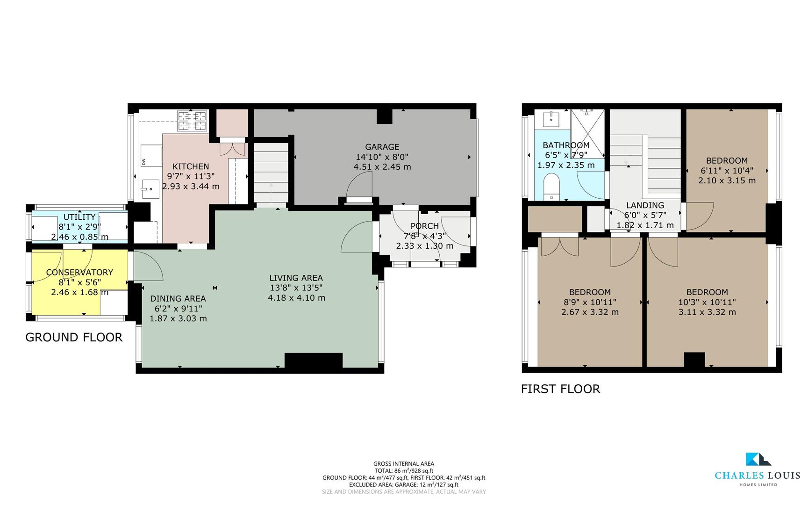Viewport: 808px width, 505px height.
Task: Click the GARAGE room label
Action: (382, 147)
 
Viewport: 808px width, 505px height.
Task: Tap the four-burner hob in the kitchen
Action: (192, 121)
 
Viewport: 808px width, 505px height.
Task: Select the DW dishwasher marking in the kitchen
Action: (143, 162)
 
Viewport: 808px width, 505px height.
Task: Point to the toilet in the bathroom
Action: (552, 186)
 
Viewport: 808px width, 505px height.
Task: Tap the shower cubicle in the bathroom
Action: (587, 133)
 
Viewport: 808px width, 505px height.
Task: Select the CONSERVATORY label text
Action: (79, 272)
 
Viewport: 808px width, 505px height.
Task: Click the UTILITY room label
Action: (79, 217)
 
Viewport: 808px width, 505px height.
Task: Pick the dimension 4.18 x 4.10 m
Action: (296, 298)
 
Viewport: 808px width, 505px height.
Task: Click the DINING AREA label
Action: (178, 298)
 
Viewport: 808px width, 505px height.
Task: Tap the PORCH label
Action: (424, 226)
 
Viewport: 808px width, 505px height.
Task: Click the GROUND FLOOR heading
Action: (74, 338)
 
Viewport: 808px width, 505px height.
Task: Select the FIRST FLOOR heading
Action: (560, 389)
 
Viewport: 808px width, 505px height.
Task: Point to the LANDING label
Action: (645, 205)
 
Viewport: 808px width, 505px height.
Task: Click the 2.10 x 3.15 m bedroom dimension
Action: (727, 180)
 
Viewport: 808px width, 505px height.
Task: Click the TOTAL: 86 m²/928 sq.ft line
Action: (404, 471)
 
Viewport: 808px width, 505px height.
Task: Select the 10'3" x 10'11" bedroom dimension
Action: (707, 303)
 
